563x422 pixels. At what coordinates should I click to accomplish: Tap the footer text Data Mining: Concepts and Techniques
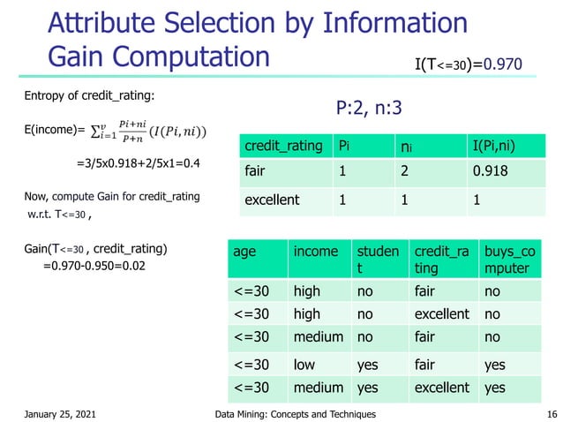296,414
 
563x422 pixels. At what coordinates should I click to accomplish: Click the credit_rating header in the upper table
284,145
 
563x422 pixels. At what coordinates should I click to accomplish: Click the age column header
245,252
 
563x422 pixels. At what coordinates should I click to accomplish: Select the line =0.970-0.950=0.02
94,264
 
